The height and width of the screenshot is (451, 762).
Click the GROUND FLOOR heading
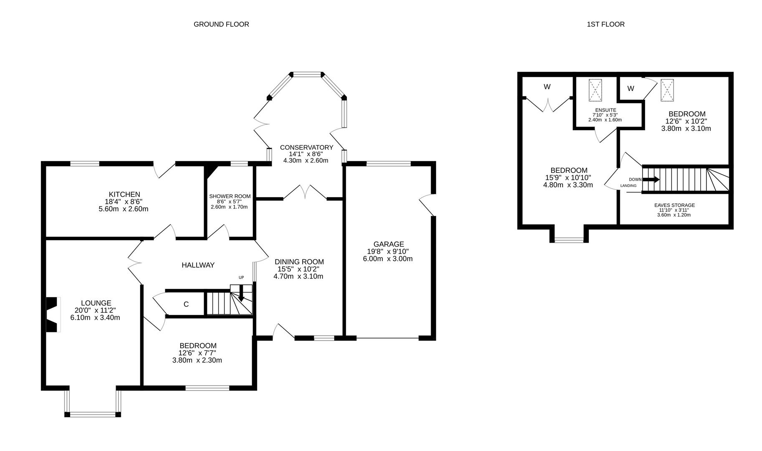(x=221, y=24)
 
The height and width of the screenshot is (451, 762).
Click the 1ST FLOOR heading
(x=606, y=24)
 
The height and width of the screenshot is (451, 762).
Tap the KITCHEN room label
(x=124, y=195)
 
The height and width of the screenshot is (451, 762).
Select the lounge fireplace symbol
(x=52, y=314)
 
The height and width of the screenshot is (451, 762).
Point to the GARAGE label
(x=389, y=244)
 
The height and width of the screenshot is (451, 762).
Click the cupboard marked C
(x=186, y=304)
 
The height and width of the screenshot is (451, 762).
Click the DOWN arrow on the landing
(x=651, y=180)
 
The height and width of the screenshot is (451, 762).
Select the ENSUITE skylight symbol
(x=595, y=90)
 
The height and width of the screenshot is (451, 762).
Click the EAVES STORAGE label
(x=674, y=205)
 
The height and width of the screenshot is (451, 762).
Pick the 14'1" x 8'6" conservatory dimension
(x=306, y=154)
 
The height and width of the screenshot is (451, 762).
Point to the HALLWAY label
(x=198, y=265)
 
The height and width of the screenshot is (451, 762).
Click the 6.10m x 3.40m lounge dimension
(x=95, y=317)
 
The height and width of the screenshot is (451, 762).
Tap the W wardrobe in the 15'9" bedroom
(x=547, y=87)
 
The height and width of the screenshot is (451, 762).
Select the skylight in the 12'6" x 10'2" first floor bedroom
(x=667, y=90)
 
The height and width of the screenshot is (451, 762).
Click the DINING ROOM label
(x=299, y=262)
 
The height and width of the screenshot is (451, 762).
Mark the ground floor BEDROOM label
(x=198, y=346)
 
